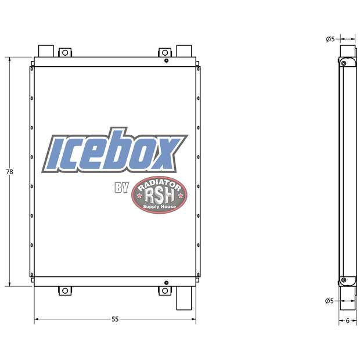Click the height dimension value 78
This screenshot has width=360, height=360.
9,172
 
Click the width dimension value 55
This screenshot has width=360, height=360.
115,319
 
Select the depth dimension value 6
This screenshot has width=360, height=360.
347,320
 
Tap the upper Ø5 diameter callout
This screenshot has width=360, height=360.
330,39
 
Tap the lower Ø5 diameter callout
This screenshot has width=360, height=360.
330,300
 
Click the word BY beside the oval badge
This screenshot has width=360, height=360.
121,188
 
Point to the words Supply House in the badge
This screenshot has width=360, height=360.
159,207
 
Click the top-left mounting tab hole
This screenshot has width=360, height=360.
65,53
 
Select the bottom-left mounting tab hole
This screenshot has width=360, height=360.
65,290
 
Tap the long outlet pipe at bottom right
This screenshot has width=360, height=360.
184,299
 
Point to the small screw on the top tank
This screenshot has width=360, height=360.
167,61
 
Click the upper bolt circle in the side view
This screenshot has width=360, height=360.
344,62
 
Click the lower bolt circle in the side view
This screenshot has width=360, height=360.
344,281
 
